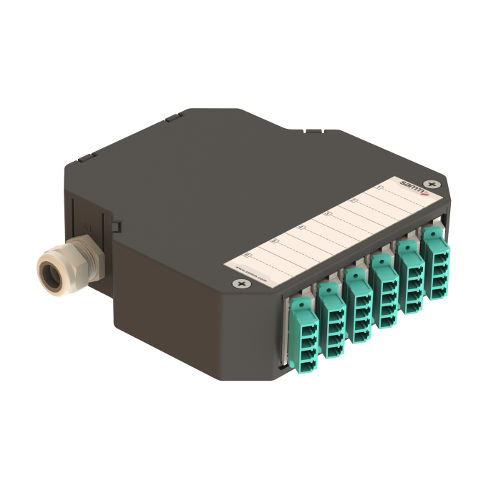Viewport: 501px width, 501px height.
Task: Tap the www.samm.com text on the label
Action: click(252, 276)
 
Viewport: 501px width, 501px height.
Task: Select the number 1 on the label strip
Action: click(379, 188)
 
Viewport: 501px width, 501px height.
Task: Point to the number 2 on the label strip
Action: click(353, 200)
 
